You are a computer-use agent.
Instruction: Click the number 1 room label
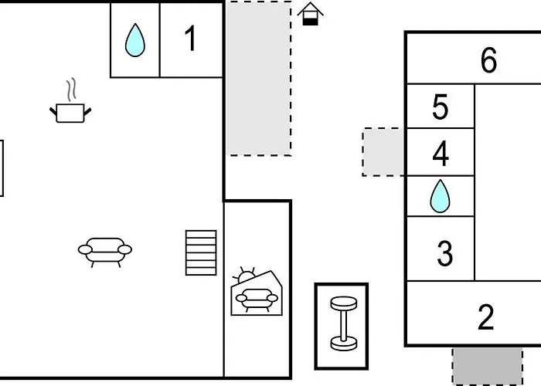(x=191, y=39)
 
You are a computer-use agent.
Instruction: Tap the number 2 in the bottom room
(x=485, y=317)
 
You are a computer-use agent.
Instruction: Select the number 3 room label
(x=444, y=253)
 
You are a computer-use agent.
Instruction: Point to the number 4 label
(x=441, y=154)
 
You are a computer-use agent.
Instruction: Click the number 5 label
(x=440, y=108)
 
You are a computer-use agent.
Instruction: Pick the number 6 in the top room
(x=488, y=60)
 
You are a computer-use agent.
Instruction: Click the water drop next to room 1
(x=135, y=40)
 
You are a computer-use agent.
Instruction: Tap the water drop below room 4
(x=440, y=197)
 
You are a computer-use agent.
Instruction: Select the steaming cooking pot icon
(x=70, y=112)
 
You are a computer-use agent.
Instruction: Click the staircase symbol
(x=201, y=252)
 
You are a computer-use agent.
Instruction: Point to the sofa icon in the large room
(x=105, y=250)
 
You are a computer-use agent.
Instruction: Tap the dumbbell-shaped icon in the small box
(x=341, y=325)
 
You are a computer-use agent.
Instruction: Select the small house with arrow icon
(x=310, y=14)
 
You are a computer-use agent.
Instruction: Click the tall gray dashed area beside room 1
(x=258, y=77)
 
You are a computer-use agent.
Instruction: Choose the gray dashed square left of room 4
(x=383, y=152)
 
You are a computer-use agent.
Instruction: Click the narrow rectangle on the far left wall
(x=2, y=168)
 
